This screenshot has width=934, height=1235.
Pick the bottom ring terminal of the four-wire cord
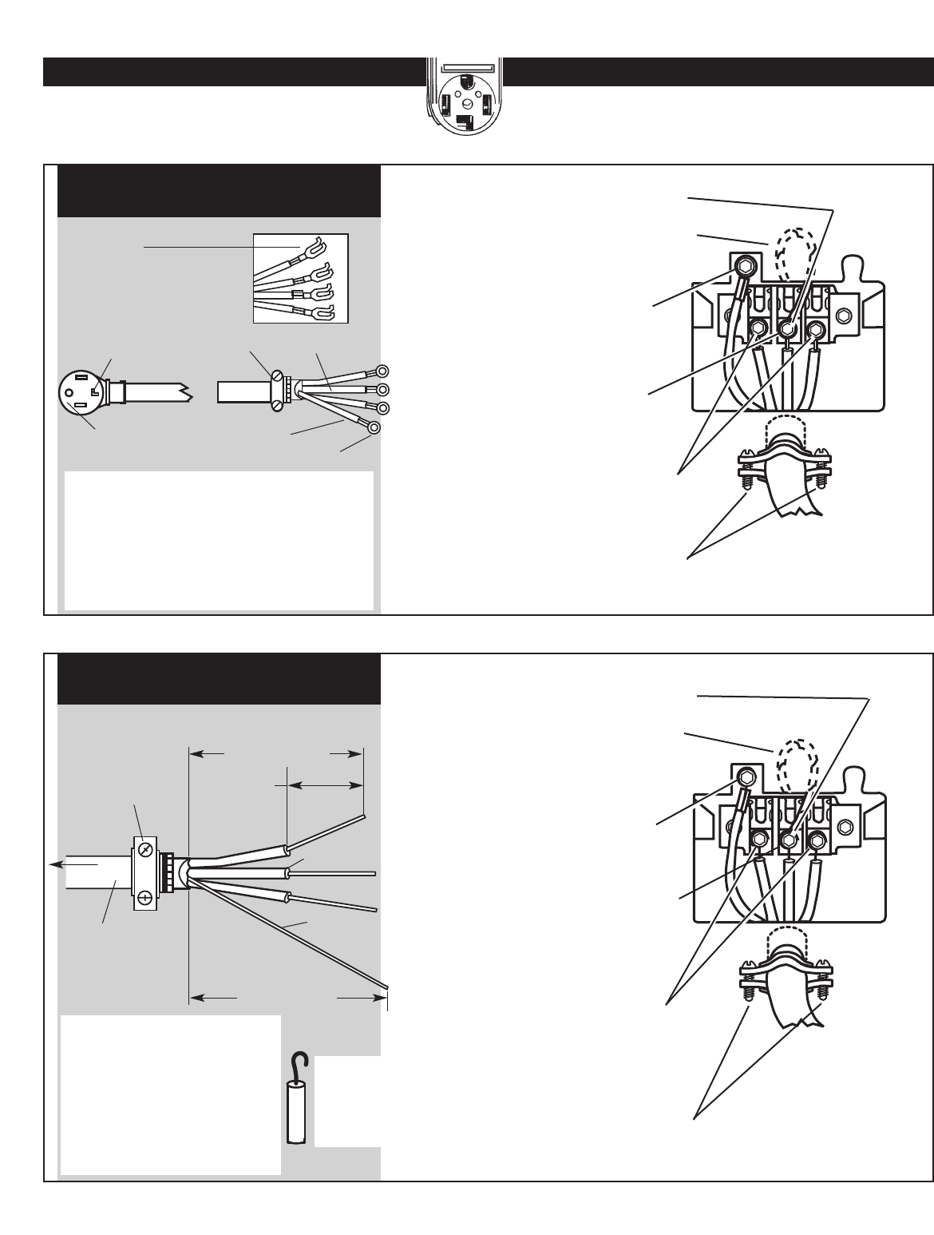[372, 427]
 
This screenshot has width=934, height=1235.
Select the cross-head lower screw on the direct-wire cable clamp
[144, 898]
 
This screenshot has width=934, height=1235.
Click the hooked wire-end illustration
[296, 1102]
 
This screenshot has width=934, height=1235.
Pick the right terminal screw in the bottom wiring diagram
[817, 840]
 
